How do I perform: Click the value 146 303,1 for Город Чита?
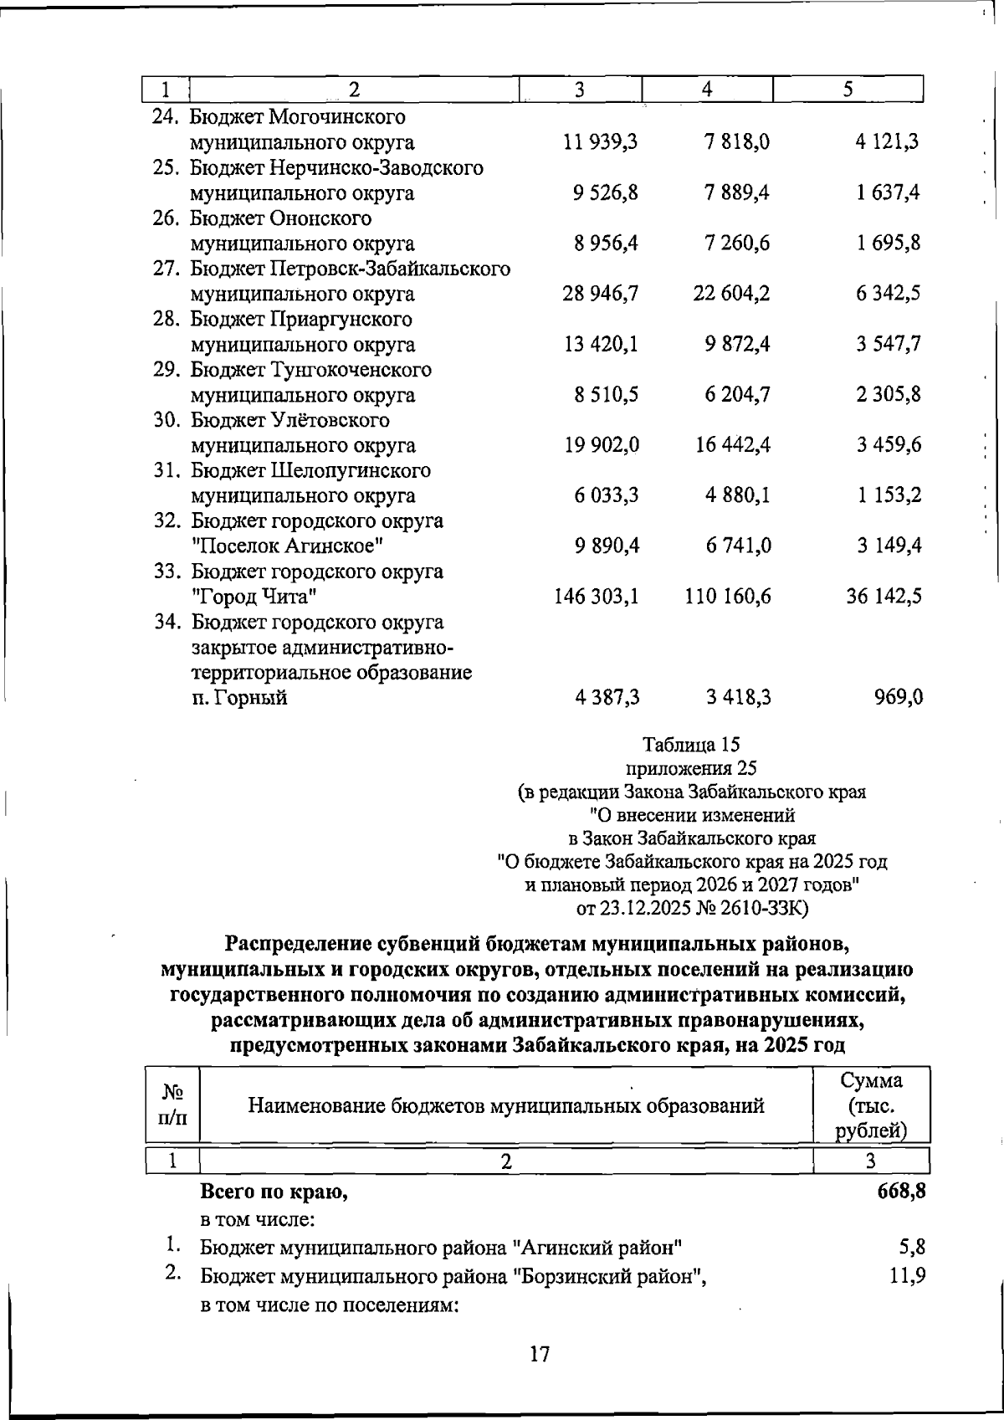tap(597, 597)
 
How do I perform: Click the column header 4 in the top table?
tap(707, 90)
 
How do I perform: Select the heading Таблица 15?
tap(691, 744)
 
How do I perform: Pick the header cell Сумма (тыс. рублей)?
tap(872, 1105)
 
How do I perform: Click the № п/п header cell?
tap(173, 1105)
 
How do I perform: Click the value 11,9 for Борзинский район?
tap(907, 1277)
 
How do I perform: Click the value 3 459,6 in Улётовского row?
tap(889, 445)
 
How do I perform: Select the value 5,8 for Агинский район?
tap(911, 1248)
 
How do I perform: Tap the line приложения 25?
tap(691, 767)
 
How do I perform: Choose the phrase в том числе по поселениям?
tap(330, 1306)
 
